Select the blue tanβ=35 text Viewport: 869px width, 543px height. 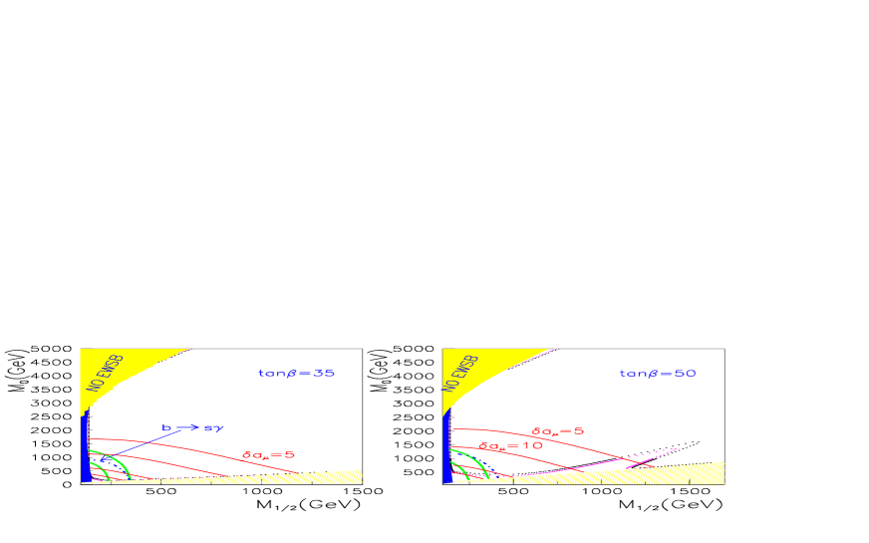click(296, 373)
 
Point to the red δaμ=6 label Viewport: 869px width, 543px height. click(268, 455)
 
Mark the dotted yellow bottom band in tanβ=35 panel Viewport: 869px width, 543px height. click(299, 477)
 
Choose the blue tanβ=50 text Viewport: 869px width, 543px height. click(657, 373)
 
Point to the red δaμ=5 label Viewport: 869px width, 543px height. click(557, 431)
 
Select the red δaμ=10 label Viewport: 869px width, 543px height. click(510, 446)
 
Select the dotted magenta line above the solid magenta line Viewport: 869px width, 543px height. click(653, 454)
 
